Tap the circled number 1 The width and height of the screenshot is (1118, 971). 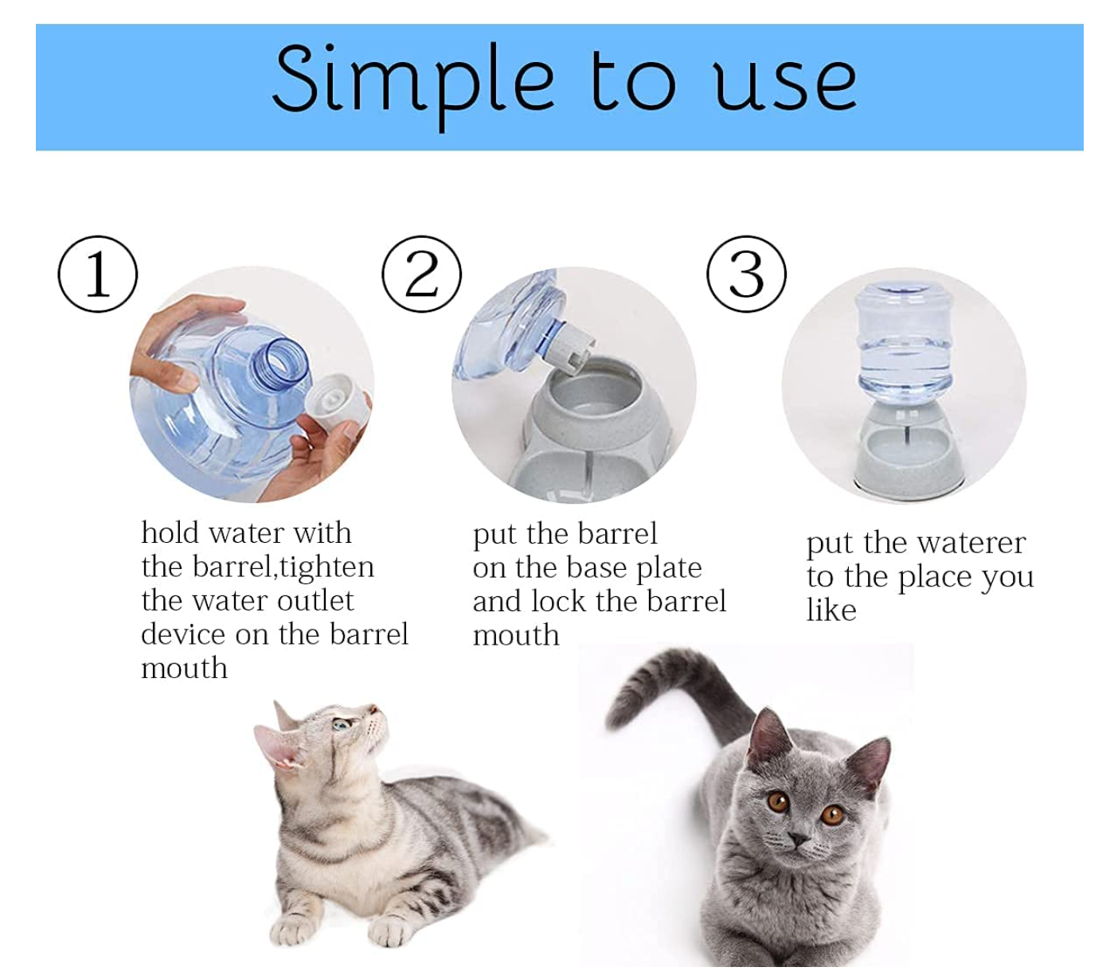point(98,274)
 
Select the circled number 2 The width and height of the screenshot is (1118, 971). point(422,274)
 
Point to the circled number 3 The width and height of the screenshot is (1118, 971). point(746,274)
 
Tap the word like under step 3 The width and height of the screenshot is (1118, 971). point(831,610)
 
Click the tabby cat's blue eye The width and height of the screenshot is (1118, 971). point(342,725)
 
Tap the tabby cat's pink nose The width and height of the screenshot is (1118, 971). point(373,709)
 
